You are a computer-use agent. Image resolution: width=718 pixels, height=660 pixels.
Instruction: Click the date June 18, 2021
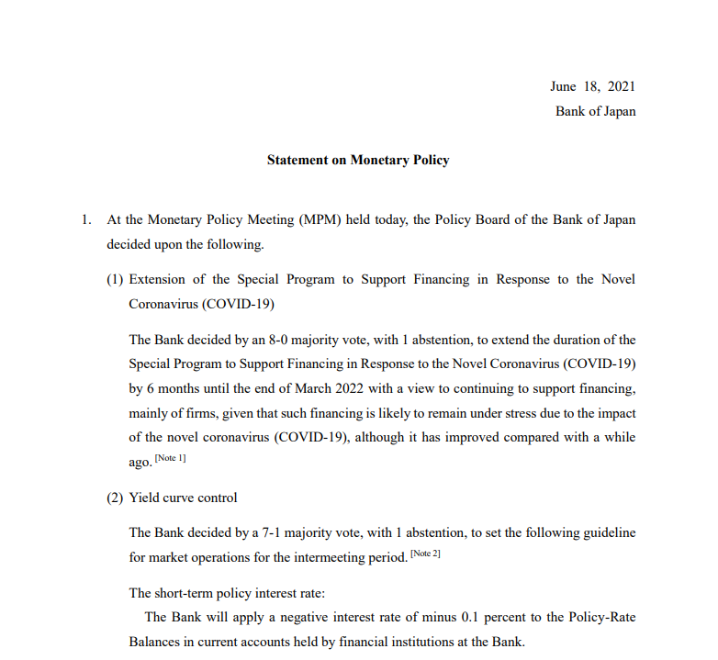click(x=592, y=87)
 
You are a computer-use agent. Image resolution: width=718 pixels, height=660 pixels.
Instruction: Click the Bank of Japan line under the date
click(x=595, y=112)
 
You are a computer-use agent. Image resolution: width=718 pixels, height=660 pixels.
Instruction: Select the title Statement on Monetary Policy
click(x=358, y=160)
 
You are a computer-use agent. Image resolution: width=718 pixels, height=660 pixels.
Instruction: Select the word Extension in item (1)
click(x=163, y=279)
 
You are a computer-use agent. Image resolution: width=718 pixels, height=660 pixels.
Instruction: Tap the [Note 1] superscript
click(x=170, y=458)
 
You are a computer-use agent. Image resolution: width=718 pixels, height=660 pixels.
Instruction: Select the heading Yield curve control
click(x=183, y=498)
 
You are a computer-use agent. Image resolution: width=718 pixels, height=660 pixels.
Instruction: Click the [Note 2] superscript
click(x=425, y=554)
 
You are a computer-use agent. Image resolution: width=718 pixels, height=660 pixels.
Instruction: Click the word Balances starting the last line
click(x=157, y=642)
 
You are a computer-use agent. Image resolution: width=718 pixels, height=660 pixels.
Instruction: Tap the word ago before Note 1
click(x=140, y=462)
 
